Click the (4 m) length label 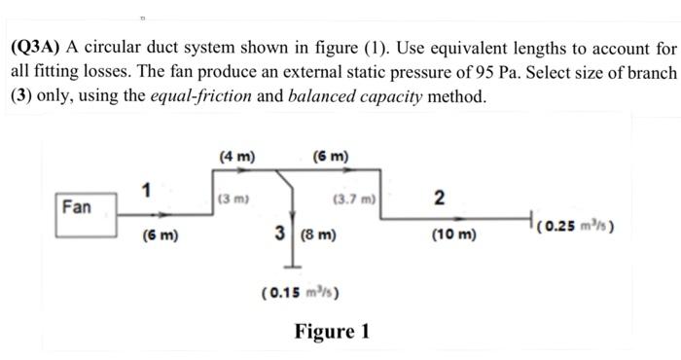point(237,156)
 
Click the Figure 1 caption point(332,331)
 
